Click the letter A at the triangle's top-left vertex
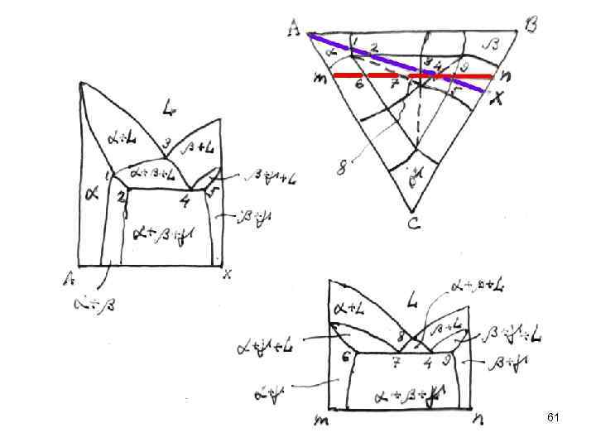point(293,30)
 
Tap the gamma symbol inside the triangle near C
point(416,176)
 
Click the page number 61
point(554,418)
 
